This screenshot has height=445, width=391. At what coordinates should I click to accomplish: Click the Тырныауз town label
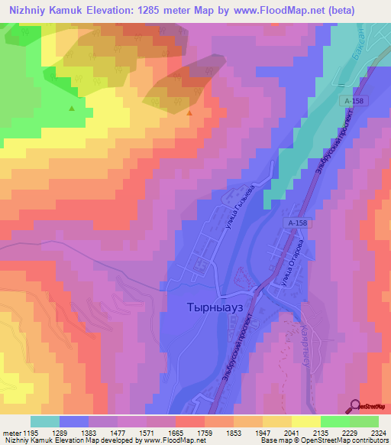point(215,307)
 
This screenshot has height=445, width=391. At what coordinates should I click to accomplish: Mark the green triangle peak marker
point(72,108)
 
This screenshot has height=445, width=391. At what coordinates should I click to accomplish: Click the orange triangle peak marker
point(189,112)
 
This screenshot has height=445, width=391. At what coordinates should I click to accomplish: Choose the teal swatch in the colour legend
point(45,421)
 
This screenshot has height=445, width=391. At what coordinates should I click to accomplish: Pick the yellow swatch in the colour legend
point(305,421)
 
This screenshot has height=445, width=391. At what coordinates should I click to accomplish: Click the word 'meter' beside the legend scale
point(12,432)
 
